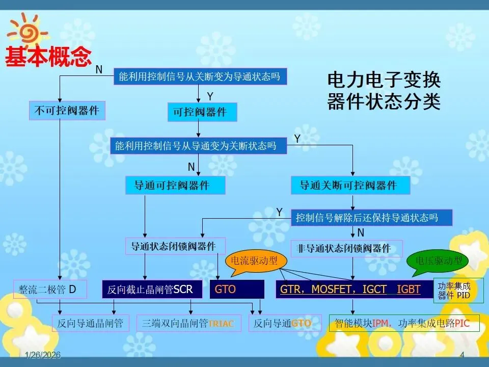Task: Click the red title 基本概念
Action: point(48,57)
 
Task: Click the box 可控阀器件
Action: point(202,112)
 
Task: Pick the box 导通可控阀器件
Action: point(175,185)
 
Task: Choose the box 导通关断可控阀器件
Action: point(350,185)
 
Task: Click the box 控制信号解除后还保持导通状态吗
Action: point(372,218)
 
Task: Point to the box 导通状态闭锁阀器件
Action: point(175,247)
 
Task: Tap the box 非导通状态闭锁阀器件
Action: point(346,248)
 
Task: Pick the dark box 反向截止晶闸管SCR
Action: point(152,289)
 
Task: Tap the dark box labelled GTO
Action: point(237,289)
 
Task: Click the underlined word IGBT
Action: point(409,290)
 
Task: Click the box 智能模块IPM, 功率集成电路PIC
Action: point(404,323)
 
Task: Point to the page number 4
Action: point(462,356)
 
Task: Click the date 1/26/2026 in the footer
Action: point(43,356)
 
